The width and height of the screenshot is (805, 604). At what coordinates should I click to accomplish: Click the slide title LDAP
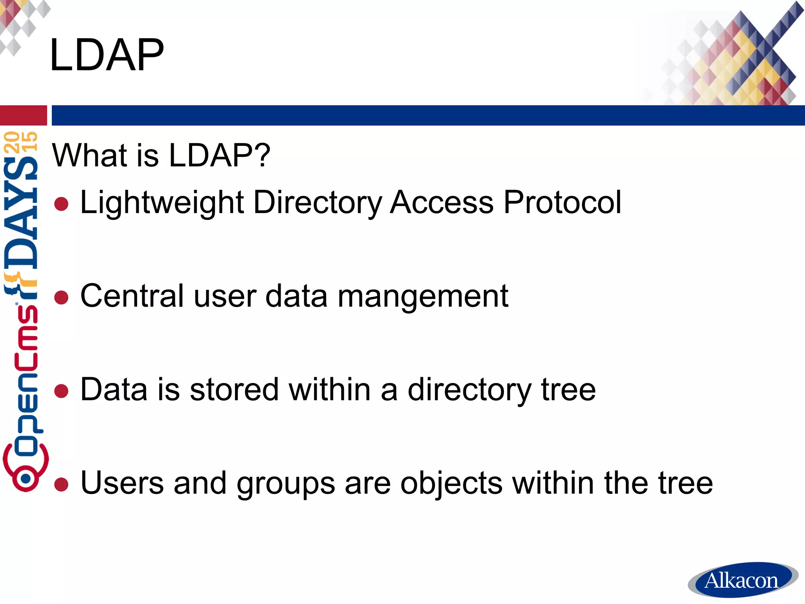[107, 55]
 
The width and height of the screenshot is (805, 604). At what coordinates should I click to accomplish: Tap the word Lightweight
[162, 203]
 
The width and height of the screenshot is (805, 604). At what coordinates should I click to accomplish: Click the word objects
[451, 484]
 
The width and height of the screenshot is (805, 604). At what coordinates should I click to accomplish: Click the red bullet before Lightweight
[61, 204]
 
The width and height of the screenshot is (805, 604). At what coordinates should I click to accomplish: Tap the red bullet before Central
[61, 297]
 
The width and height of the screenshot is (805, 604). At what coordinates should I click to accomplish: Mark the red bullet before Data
[61, 391]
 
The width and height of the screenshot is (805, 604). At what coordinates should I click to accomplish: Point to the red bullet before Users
[61, 484]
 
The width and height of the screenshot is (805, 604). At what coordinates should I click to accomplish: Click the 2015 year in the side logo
[21, 142]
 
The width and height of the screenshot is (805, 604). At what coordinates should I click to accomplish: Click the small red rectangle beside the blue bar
[23, 115]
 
